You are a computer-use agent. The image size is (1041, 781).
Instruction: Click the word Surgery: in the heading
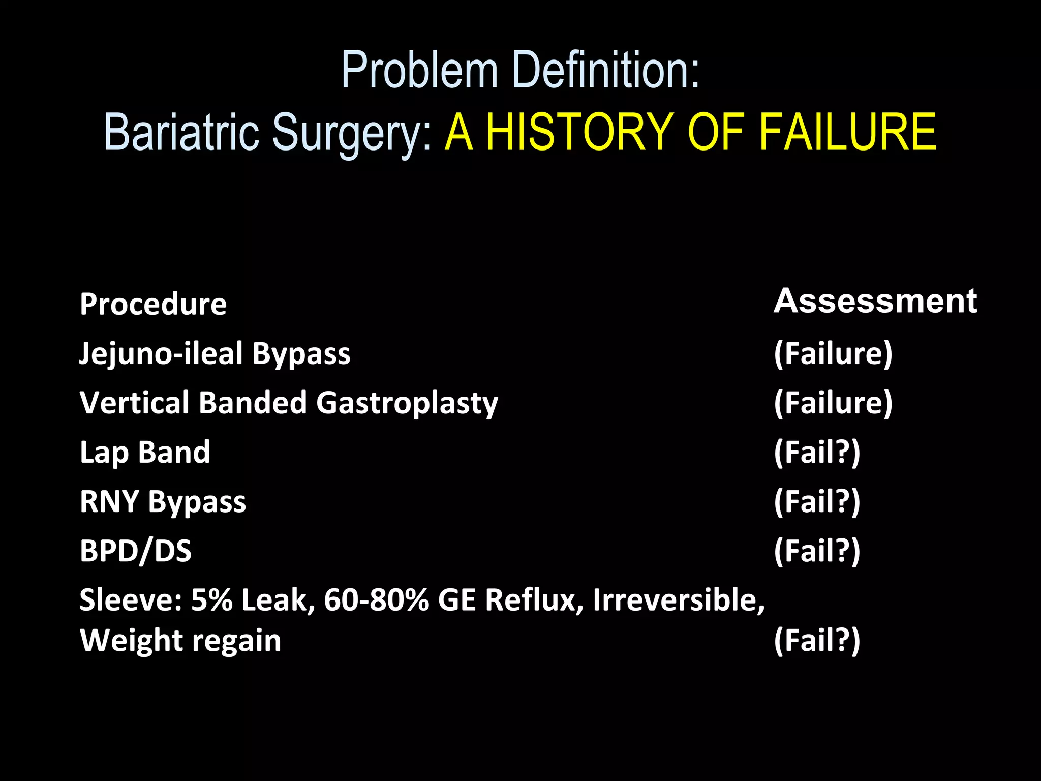[x=351, y=133]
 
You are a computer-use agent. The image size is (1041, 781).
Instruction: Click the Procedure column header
[x=153, y=304]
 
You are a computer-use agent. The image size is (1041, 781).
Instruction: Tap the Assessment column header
[x=875, y=301]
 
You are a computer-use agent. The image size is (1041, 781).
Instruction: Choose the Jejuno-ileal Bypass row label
[x=215, y=353]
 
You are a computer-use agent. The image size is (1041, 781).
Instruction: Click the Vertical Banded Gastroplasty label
[x=289, y=403]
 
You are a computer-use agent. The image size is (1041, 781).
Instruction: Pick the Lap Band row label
[x=145, y=452]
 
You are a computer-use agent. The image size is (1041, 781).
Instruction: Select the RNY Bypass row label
[x=163, y=501]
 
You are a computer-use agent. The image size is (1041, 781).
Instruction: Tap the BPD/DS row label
[x=136, y=551]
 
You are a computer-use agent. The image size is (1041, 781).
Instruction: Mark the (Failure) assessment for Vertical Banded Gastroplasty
[x=833, y=403]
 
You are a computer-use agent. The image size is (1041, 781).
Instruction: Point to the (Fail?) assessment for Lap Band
[x=817, y=452]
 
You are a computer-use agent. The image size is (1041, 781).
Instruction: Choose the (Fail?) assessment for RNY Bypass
[x=817, y=501]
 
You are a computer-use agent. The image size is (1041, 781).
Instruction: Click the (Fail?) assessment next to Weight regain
[x=817, y=640]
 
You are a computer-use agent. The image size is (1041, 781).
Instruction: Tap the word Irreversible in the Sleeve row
[x=679, y=600]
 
